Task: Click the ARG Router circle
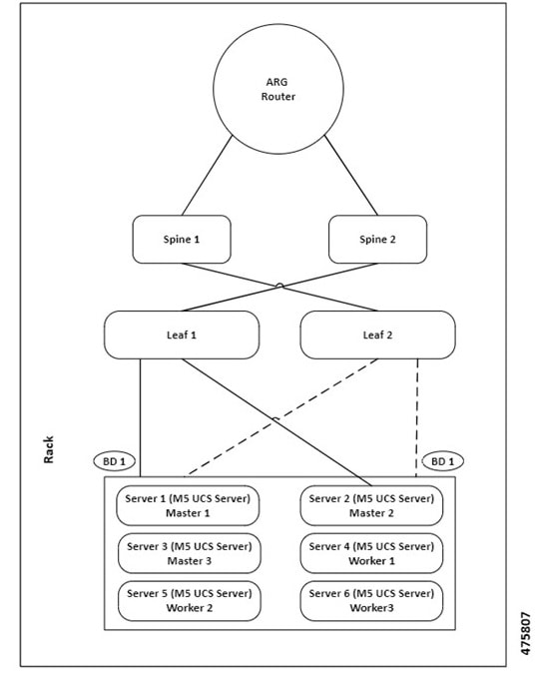tap(279, 91)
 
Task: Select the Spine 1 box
tap(181, 240)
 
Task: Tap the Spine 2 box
tap(378, 240)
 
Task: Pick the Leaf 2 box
tap(377, 335)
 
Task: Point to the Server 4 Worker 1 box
tap(371, 553)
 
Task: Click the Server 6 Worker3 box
tap(371, 601)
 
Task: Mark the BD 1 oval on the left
tap(115, 461)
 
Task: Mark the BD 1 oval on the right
tap(442, 461)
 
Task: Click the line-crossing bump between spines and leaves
tap(279, 286)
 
